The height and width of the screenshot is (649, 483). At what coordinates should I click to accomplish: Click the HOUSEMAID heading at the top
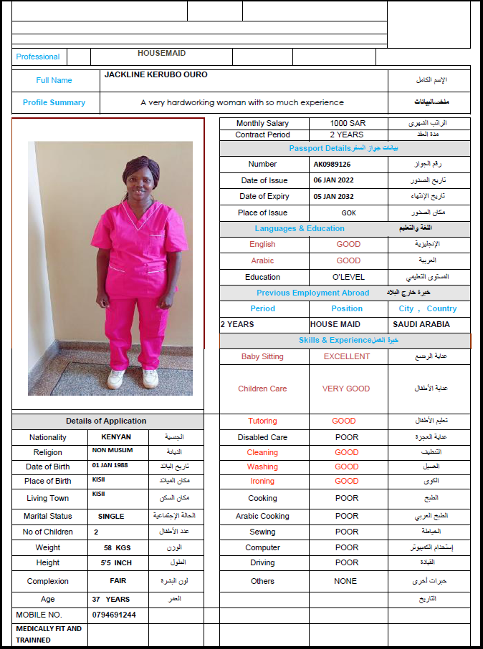[x=161, y=53]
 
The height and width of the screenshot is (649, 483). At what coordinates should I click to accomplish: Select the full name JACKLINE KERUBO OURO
[x=156, y=74]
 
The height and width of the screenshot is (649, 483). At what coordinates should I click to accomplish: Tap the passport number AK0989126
[x=332, y=164]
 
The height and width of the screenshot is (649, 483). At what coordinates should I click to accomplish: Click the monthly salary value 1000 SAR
[x=348, y=123]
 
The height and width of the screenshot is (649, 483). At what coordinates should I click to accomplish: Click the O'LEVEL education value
[x=348, y=277]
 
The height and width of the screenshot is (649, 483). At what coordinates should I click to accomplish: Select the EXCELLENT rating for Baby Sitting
[x=347, y=356]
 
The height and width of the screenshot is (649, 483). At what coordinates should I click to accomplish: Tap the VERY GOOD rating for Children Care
[x=346, y=389]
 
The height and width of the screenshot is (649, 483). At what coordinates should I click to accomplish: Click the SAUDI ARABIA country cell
[x=421, y=324]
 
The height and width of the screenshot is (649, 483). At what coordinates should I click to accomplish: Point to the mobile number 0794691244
[x=114, y=615]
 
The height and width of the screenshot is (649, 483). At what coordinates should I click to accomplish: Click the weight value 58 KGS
[x=118, y=547]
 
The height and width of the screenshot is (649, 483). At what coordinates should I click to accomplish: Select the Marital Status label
[x=48, y=516]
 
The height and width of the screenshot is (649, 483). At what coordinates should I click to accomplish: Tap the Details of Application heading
[x=106, y=421]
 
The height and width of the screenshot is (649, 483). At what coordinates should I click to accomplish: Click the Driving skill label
[x=262, y=562]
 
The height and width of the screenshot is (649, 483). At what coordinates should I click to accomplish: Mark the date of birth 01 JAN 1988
[x=111, y=465]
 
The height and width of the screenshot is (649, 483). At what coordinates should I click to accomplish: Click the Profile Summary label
[x=54, y=102]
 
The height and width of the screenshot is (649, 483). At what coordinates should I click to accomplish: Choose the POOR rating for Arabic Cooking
[x=347, y=516]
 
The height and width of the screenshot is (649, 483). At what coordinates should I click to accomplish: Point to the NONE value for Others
[x=345, y=581]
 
